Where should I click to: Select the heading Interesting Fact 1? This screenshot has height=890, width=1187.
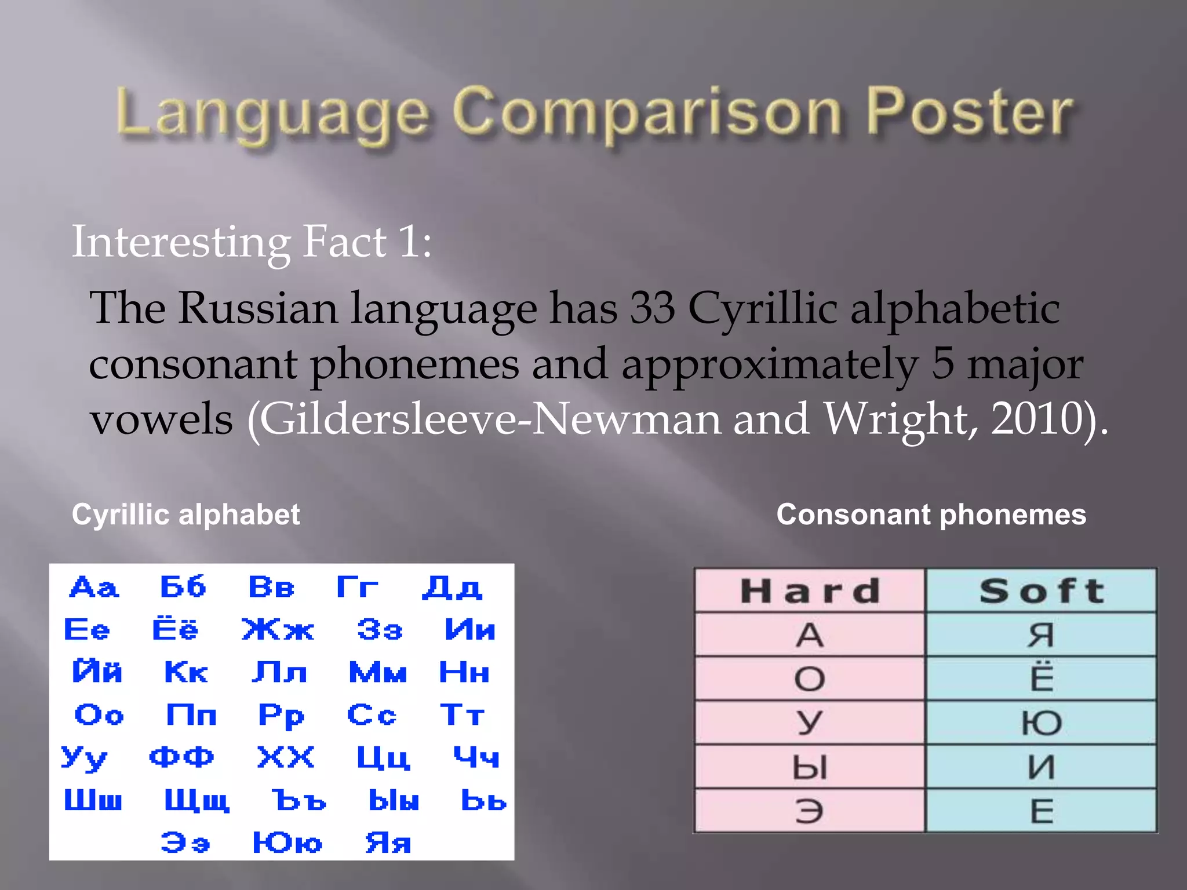252,242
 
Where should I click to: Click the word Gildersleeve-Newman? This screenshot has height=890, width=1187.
490,418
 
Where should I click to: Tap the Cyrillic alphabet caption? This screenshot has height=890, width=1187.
185,515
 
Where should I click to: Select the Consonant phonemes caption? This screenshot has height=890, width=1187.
931,515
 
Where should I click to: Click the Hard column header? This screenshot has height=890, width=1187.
810,590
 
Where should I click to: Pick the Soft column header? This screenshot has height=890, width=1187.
1042,590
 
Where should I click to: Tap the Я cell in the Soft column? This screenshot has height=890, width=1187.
1042,634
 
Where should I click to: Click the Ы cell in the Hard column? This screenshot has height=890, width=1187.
810,767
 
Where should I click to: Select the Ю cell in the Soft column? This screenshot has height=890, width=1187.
1042,723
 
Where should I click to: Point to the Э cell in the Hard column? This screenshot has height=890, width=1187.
810,811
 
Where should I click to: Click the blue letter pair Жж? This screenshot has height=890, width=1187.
278,630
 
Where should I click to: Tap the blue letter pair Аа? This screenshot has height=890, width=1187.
94,588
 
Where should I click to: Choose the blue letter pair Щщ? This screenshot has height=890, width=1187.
197,801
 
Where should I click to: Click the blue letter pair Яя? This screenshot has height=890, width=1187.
388,843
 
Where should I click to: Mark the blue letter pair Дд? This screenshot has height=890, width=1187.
452,588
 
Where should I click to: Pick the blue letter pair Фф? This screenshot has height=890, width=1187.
181,757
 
